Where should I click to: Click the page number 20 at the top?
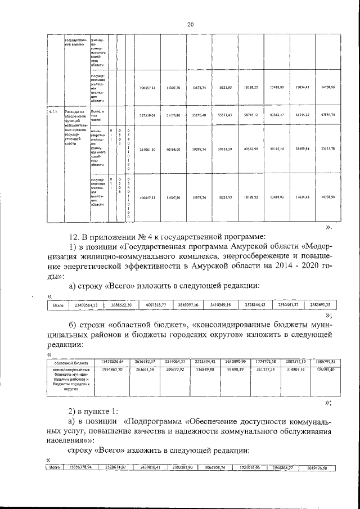coord(190,24)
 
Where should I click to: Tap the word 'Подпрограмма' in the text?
coord(159,421)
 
